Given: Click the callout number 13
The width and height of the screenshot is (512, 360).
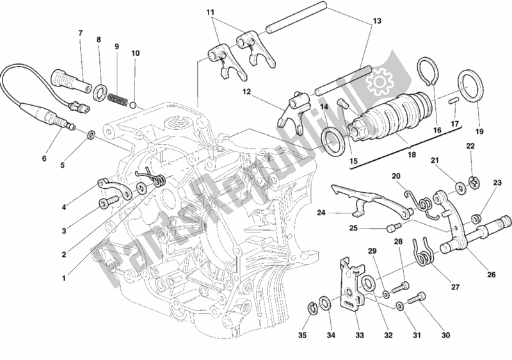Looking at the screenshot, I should coord(376,20).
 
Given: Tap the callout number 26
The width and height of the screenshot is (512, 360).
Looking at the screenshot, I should coord(490,275).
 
